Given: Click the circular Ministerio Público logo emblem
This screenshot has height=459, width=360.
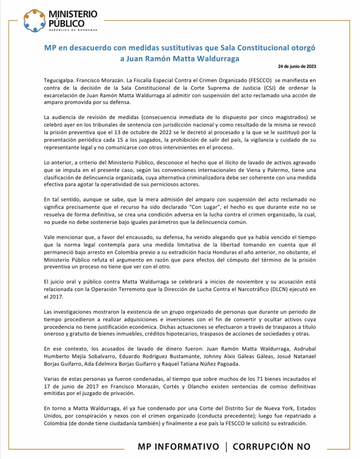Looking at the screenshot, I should click(x=35, y=21).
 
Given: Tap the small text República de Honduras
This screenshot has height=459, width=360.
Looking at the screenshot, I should click(x=73, y=30).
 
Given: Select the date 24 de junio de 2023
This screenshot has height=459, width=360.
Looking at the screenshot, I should click(x=297, y=66).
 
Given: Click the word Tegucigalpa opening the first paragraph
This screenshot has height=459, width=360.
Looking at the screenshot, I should click(x=59, y=80).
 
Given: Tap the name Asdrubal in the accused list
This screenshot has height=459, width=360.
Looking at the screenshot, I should click(x=305, y=349).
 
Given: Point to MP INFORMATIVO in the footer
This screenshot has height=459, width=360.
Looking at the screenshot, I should click(x=178, y=446).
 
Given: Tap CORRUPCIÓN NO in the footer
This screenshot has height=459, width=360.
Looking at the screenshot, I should click(x=271, y=446).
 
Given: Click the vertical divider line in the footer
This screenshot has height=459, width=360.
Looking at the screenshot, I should click(x=226, y=447).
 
